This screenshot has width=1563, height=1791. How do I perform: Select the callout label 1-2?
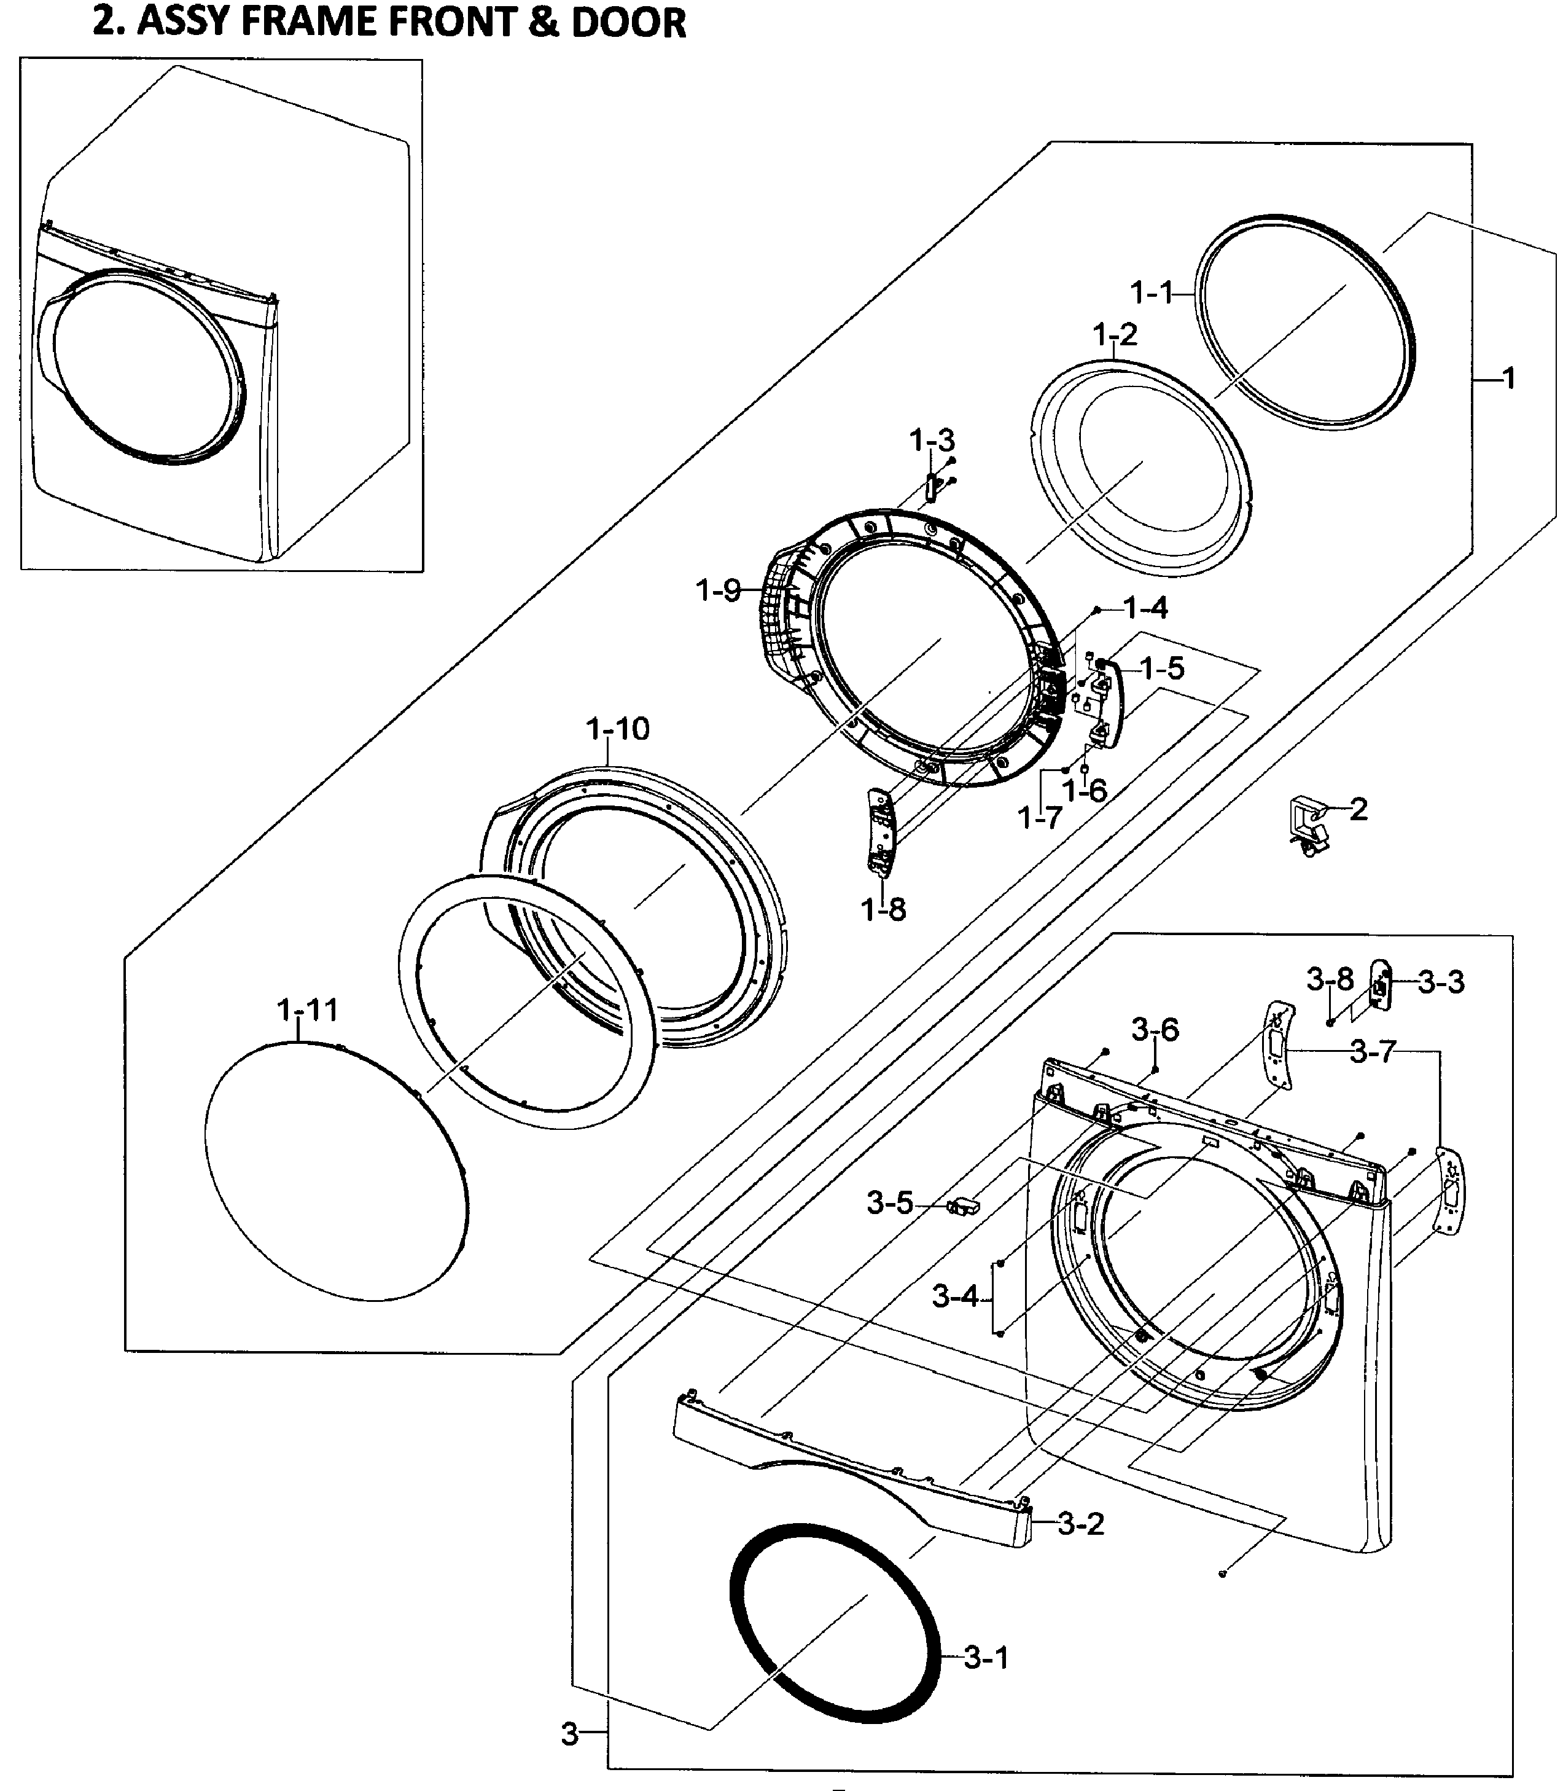(1115, 334)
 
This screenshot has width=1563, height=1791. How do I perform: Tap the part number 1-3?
(932, 441)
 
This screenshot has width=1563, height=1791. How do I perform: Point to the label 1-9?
(718, 592)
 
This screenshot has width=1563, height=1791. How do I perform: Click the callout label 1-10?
(618, 729)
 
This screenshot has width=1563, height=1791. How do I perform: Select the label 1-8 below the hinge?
(884, 910)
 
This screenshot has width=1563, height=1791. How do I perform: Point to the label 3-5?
(890, 1204)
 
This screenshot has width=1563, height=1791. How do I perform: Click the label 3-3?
(1441, 982)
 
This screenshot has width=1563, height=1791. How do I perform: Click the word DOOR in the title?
(628, 23)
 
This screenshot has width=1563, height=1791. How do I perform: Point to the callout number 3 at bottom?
(569, 1734)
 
